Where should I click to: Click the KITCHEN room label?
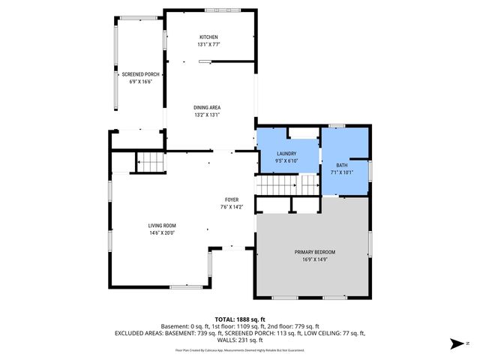click(208, 37)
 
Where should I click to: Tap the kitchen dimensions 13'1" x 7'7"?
click(208, 44)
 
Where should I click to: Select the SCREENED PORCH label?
click(140, 74)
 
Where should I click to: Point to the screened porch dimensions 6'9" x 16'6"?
click(140, 82)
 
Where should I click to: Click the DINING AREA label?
click(207, 107)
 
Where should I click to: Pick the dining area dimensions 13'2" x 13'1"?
click(207, 115)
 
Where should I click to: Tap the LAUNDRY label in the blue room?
click(287, 153)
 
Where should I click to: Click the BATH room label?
click(342, 165)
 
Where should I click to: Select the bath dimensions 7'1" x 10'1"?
click(342, 172)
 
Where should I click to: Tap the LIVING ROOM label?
click(161, 225)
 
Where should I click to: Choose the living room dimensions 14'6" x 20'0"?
click(161, 232)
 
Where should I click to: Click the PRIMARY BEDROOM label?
click(314, 252)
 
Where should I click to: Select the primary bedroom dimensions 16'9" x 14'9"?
click(314, 259)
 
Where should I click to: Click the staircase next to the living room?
click(150, 162)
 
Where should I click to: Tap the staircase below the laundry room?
click(287, 184)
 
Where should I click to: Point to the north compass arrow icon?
click(455, 344)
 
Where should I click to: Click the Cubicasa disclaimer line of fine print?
click(239, 349)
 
